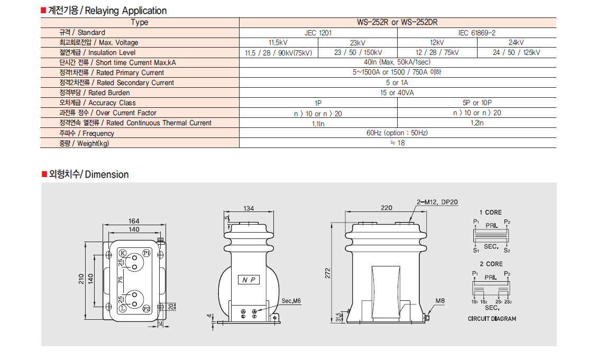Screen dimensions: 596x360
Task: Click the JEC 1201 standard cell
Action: coord(318,33)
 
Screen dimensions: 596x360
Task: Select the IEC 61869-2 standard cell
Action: coord(476,33)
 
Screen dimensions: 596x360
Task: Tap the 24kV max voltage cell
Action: coord(516,43)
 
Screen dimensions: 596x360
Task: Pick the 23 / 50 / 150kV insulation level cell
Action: coord(357,52)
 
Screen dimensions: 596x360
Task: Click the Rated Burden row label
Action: coord(95,93)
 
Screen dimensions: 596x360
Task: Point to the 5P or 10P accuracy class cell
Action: coord(476,103)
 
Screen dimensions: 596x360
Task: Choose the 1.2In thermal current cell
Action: coord(476,123)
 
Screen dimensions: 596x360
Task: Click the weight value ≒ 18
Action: coord(398,143)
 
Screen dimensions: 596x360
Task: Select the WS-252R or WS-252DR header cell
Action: coord(397,22)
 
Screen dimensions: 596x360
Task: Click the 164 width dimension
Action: coord(134,221)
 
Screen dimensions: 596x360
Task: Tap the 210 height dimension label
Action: coord(81,280)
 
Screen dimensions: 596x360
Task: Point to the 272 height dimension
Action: coord(328,273)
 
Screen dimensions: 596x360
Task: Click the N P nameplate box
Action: coord(249,280)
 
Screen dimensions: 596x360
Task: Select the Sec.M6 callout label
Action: coord(291,301)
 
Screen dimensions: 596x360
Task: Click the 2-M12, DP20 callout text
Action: coord(437,202)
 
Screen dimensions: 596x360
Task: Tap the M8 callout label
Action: coord(440,301)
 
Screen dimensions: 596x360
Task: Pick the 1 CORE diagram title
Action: coord(490,213)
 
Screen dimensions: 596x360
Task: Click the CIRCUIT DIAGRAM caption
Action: coord(492,319)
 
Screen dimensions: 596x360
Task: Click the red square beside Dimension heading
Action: coord(44,174)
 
